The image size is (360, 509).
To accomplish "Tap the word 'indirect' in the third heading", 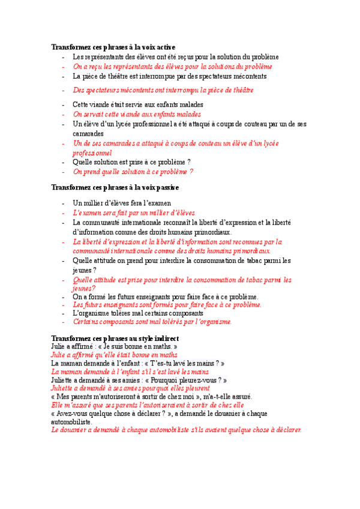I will tap(173, 339).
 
